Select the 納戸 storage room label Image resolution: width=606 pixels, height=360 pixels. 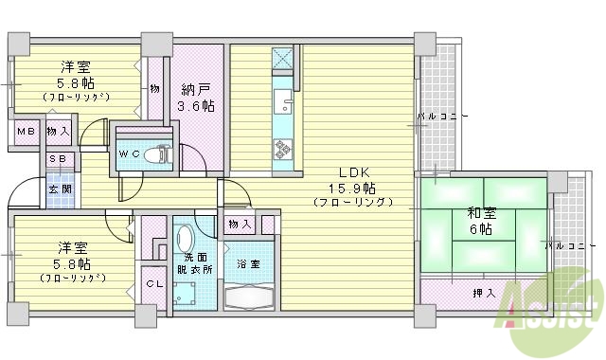(x=197, y=91)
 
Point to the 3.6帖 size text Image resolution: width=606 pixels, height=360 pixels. (x=197, y=106)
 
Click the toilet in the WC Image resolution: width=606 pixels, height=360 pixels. (x=162, y=154)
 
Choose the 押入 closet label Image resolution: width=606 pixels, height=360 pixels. (x=484, y=293)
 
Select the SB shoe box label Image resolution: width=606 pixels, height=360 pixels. (x=58, y=160)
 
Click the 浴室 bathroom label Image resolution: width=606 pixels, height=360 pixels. (x=249, y=263)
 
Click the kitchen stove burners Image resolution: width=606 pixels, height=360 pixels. (x=283, y=147)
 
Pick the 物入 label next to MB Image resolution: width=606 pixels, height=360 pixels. (x=58, y=130)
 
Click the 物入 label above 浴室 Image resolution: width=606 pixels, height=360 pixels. (x=240, y=225)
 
